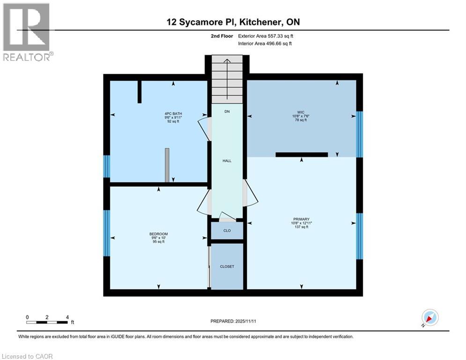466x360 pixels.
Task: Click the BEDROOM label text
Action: pos(158,234)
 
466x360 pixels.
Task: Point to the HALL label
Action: pos(227,161)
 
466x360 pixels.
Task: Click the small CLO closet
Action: pos(227,231)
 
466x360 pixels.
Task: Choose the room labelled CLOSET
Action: pos(227,266)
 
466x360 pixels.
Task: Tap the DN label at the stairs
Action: pos(227,112)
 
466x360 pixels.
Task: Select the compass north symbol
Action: pos(429,318)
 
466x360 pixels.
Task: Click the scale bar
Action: pos(47,322)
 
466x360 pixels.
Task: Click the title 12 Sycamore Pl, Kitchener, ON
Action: pos(233,22)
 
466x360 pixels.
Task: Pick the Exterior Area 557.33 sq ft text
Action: pos(266,36)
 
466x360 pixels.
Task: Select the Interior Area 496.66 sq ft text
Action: pos(266,44)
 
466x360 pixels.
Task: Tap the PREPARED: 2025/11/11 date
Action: pos(233,321)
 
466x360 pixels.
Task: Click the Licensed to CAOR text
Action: pos(28,356)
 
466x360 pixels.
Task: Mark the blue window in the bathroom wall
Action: pos(107,166)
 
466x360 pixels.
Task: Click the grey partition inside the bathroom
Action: pos(167,165)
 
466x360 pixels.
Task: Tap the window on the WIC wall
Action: pos(359,134)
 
